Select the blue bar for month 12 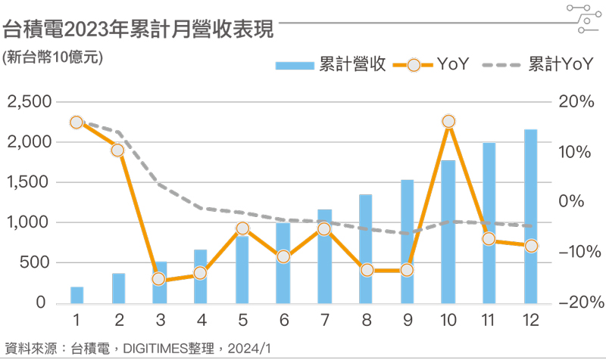(530, 216)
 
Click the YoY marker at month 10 (448, 121)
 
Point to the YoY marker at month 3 (159, 279)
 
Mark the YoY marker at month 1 (77, 123)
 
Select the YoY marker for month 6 (283, 256)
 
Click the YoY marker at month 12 (530, 246)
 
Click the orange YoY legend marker (414, 65)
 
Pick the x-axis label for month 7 (324, 320)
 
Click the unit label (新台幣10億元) (52, 57)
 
